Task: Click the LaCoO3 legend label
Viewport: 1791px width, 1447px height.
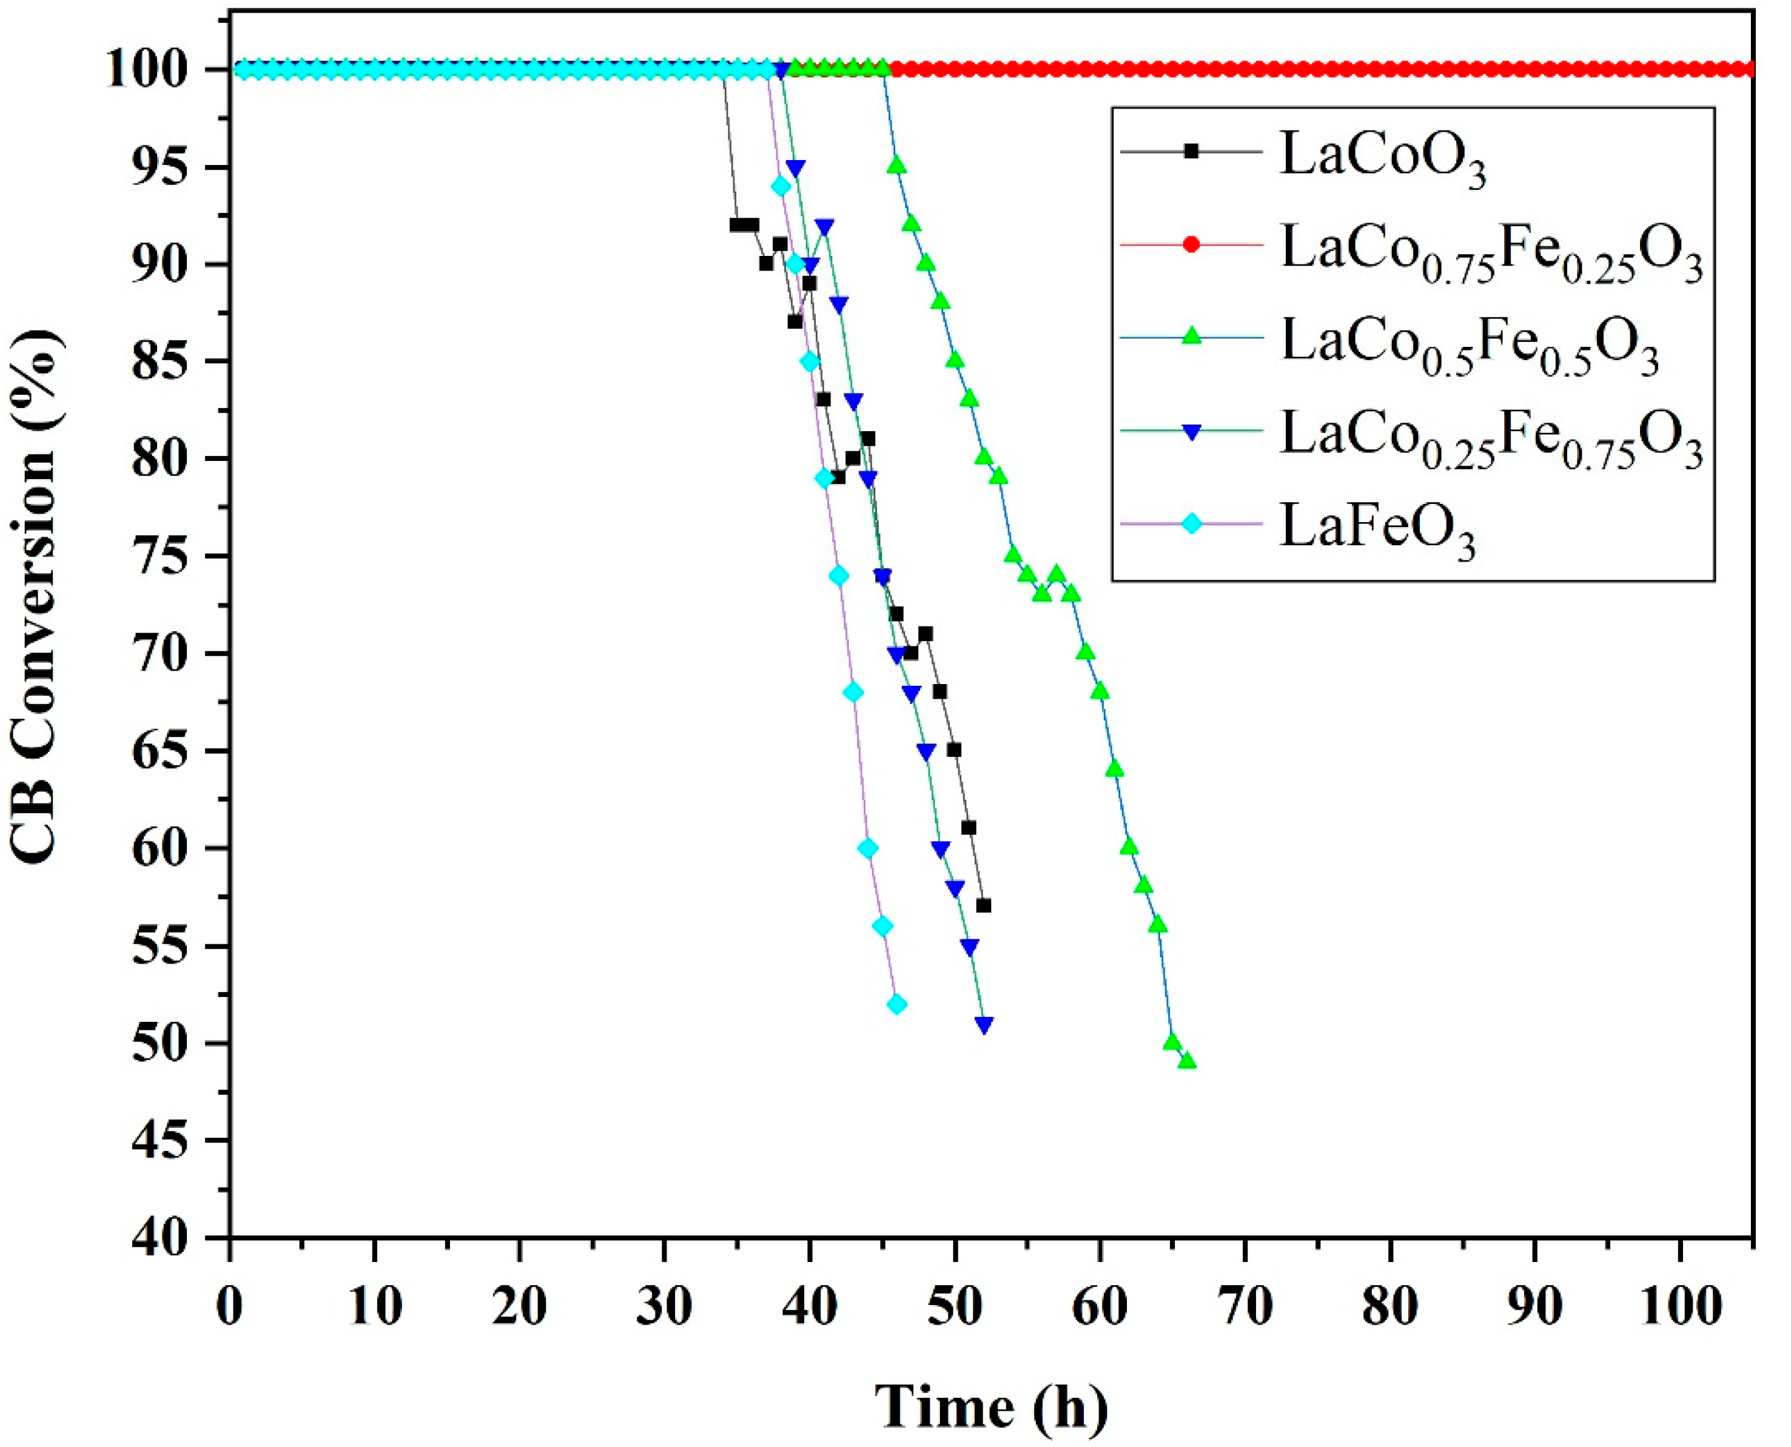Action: (1382, 156)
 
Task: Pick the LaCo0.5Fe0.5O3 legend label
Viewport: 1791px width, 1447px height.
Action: (1468, 345)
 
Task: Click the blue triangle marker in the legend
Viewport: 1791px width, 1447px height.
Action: (1192, 431)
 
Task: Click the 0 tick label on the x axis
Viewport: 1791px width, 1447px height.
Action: (230, 1308)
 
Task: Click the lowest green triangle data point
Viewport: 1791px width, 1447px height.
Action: (1188, 1062)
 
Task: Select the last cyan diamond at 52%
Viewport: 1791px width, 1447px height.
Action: (897, 1004)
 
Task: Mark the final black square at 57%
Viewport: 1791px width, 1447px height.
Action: (983, 905)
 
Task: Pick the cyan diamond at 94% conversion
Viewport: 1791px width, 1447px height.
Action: (781, 186)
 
